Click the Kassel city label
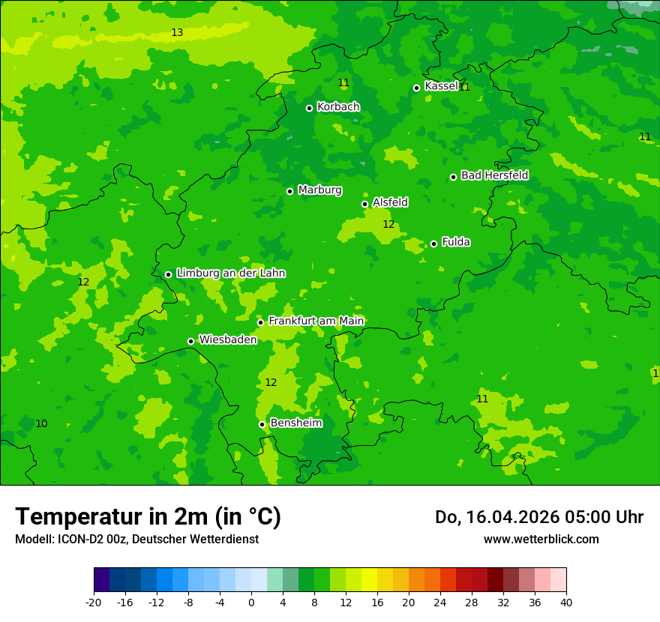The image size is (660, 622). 441,86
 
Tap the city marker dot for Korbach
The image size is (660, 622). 309,108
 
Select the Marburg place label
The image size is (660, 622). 319,190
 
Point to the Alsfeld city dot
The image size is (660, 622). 364,204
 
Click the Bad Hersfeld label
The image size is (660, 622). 494,175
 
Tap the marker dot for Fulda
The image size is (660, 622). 433,244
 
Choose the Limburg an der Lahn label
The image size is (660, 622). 230,274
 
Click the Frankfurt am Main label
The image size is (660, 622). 316,321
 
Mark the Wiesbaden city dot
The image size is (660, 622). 190,341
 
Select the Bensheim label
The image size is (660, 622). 295,423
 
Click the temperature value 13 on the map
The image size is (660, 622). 177,32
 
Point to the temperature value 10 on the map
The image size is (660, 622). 41,424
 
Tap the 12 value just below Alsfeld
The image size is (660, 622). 388,224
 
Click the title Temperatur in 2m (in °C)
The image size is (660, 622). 148,516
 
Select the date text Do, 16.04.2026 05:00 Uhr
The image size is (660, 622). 538,517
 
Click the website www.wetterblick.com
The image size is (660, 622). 541,540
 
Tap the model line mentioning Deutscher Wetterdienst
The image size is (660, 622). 136,540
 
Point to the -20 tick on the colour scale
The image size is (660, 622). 94,602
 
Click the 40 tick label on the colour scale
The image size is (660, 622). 565,602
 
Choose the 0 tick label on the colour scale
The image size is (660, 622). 251,602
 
